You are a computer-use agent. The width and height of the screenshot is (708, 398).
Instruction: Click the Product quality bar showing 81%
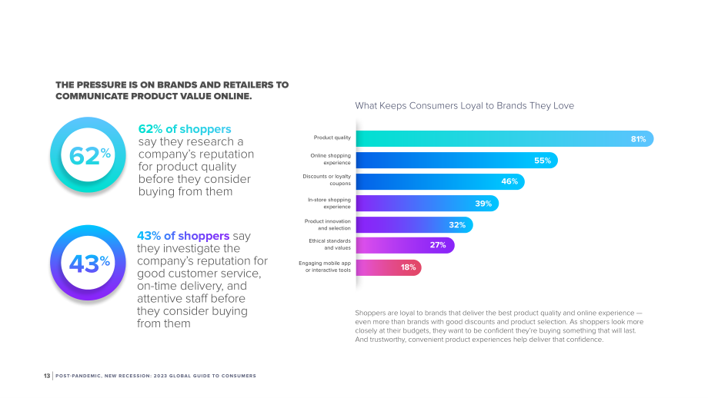(x=505, y=139)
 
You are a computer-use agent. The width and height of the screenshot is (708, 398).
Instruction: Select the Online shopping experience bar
(x=457, y=161)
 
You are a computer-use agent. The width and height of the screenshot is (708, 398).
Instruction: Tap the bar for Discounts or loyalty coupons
(x=440, y=181)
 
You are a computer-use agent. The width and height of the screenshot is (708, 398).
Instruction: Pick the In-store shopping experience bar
(x=428, y=204)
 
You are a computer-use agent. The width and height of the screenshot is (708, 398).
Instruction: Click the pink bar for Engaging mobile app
(x=389, y=267)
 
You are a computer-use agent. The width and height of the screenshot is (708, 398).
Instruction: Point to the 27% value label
(x=438, y=245)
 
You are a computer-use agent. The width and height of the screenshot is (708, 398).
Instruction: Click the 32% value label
(x=457, y=225)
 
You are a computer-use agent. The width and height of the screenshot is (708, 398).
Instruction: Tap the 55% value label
(x=543, y=161)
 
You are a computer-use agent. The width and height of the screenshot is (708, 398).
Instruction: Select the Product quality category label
(x=332, y=138)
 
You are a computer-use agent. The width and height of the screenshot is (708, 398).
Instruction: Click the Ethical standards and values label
(x=329, y=244)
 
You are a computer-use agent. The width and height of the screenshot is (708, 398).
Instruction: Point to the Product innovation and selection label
(x=327, y=224)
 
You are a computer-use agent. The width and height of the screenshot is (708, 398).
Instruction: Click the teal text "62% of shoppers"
(x=185, y=129)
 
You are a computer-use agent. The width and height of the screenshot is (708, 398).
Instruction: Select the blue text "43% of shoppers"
(x=183, y=236)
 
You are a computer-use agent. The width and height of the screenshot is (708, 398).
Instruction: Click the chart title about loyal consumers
(x=465, y=106)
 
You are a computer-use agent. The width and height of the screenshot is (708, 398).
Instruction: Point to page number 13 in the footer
(x=47, y=376)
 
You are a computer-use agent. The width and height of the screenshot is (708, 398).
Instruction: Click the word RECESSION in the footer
(x=135, y=376)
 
